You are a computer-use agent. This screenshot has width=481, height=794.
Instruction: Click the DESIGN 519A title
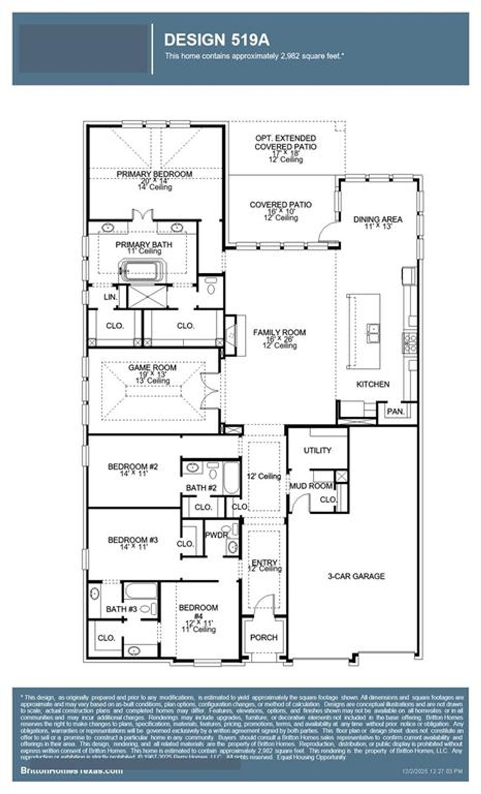217,40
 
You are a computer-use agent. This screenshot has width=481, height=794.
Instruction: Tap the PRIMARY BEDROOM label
154,175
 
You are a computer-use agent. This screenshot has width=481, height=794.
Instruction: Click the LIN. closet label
110,297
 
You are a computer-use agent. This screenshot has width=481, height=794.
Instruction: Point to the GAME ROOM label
152,368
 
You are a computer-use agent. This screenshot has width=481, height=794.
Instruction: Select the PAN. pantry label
396,412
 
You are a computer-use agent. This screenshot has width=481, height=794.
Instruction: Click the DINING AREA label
378,220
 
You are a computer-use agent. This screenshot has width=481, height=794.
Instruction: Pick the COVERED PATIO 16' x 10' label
280,205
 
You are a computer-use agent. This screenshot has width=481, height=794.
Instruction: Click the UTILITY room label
318,451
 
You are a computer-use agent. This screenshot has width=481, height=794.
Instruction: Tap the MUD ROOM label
310,486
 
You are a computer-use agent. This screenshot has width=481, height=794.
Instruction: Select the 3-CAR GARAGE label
356,576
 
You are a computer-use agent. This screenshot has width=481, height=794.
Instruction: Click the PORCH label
264,638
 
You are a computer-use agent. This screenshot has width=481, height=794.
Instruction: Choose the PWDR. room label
216,535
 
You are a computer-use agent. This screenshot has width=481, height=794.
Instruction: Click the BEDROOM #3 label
133,540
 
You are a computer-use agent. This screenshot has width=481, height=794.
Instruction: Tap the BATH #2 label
201,488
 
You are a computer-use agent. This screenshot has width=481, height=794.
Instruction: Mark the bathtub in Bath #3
140,591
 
